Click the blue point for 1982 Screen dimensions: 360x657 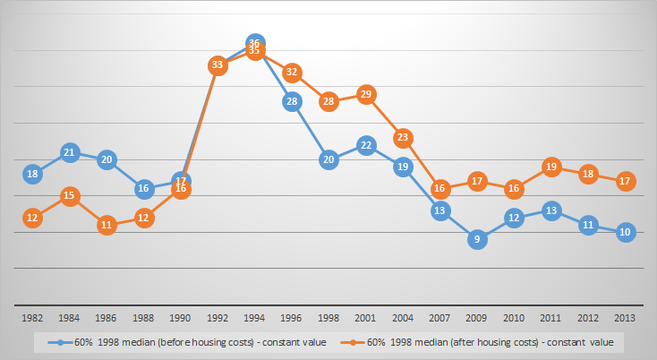pos(33,174)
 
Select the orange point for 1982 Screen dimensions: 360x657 pos(33,218)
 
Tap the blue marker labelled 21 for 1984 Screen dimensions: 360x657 pos(71,152)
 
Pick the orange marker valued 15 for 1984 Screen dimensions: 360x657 pos(71,196)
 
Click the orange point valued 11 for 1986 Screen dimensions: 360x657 pos(107,225)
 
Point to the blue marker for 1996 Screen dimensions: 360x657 pos(292,101)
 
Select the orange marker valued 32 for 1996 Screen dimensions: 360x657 pos(292,73)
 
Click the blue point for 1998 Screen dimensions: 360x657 pos(328,159)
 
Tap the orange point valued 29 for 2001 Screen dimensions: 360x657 pos(365,94)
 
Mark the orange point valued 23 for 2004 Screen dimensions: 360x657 pos(403,138)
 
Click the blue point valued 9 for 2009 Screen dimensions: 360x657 pos(477,239)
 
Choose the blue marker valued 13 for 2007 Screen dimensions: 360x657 pos(439,210)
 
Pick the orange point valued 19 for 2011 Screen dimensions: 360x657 pos(550,167)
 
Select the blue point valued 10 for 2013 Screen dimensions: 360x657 pos(625,232)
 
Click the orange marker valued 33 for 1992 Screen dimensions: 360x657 pos(218,64)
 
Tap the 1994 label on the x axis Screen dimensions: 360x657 pos(255,317)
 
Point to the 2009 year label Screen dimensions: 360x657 pos(477,317)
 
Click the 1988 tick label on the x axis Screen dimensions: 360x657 pos(144,317)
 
